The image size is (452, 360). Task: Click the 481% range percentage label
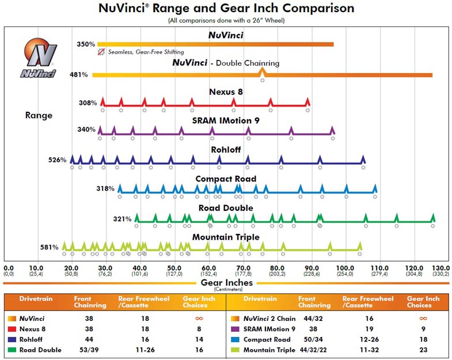pyautogui.click(x=78, y=75)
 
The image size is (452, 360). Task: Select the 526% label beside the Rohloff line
pyautogui.click(x=58, y=160)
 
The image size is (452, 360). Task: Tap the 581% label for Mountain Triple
pyautogui.click(x=49, y=248)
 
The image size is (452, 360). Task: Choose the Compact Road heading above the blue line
pyautogui.click(x=226, y=179)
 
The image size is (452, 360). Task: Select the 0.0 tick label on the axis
pyautogui.click(x=8, y=268)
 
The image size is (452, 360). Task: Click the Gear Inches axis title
pyautogui.click(x=226, y=283)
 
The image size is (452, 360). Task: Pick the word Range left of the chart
pyautogui.click(x=39, y=115)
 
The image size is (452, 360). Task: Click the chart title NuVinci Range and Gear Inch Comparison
pyautogui.click(x=226, y=9)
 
